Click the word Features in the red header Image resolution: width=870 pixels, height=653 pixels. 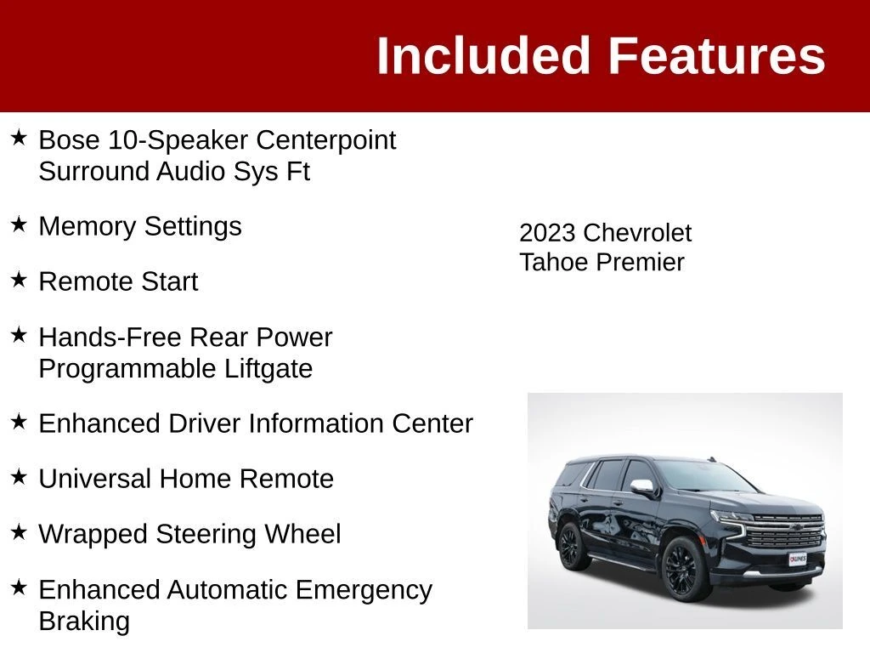[x=717, y=55]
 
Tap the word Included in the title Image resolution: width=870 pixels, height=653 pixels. [x=483, y=55]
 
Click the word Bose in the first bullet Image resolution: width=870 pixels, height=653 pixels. [x=69, y=140]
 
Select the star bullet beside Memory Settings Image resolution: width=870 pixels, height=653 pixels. [x=19, y=224]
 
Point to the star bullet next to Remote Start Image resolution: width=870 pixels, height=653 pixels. [x=19, y=280]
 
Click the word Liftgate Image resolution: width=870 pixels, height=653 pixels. [x=268, y=369]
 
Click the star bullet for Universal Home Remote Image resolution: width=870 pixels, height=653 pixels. [x=19, y=477]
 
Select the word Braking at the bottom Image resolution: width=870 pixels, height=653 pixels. [x=84, y=622]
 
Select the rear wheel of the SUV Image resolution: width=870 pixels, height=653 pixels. [x=570, y=547]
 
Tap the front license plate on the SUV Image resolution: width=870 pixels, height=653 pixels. [x=797, y=559]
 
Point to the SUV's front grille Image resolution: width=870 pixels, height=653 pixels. [x=783, y=531]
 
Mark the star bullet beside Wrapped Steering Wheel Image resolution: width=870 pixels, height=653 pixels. [x=19, y=532]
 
